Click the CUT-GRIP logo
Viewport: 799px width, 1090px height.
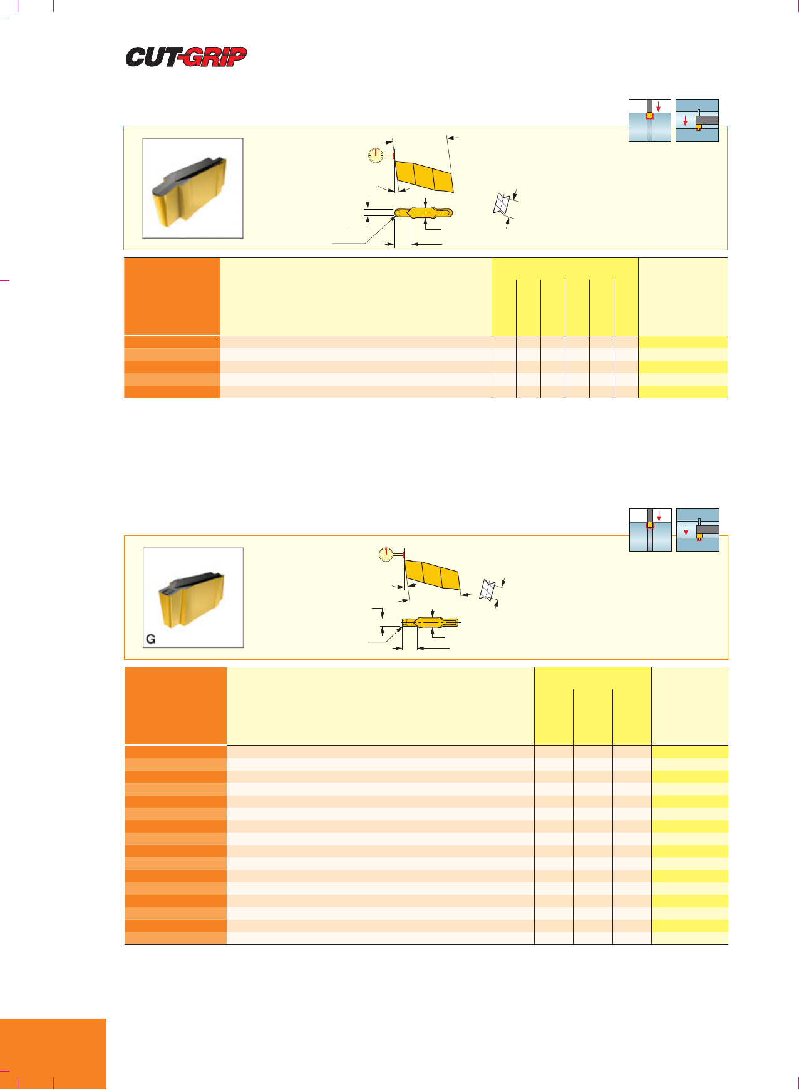pos(186,57)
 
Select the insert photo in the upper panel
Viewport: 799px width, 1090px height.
pos(193,188)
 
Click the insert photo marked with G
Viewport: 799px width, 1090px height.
pos(193,597)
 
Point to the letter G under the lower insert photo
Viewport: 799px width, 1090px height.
pos(150,639)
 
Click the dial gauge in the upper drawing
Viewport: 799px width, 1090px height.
pos(376,155)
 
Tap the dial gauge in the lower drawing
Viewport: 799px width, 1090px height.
pos(387,555)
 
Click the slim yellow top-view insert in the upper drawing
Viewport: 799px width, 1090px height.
pos(424,213)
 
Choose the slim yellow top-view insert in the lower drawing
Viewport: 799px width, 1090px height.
pos(431,622)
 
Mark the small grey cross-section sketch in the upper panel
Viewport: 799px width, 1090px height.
pos(502,203)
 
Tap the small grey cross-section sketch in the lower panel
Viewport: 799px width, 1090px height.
pos(487,590)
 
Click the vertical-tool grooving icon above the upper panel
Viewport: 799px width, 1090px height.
pos(650,120)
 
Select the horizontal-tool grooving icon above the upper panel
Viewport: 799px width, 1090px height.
pos(697,120)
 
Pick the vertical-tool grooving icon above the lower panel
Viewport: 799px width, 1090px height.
pos(651,530)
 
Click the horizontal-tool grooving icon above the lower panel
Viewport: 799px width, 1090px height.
pos(698,530)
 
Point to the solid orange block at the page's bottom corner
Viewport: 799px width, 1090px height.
pos(53,1054)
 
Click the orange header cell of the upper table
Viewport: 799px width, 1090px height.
pos(172,297)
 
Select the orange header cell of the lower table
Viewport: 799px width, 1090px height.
pos(175,706)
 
